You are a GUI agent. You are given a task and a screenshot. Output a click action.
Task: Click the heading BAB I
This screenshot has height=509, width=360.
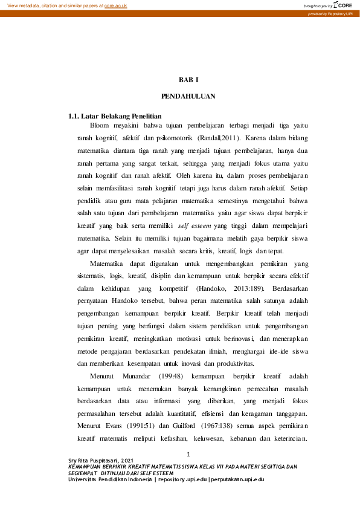tap(188, 80)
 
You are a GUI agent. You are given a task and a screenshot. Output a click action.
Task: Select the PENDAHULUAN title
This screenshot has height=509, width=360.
tap(188, 96)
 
